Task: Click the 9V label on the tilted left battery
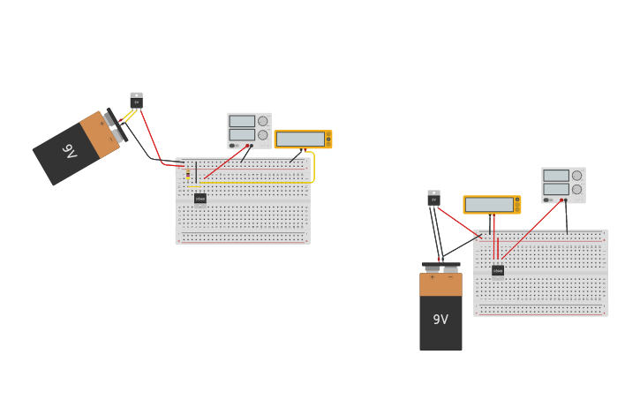tap(70, 151)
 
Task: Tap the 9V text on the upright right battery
tap(440, 320)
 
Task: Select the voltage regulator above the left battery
tap(136, 101)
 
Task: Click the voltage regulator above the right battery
tap(433, 199)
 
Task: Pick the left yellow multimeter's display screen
tap(300, 140)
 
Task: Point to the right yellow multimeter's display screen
tap(489, 205)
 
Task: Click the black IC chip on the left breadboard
tap(200, 199)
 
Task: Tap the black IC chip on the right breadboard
tap(498, 270)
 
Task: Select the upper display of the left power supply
tap(242, 122)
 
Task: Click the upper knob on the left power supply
tap(262, 121)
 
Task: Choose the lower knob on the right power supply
tap(576, 189)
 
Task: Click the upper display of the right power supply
tap(556, 176)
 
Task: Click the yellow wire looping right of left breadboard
tap(313, 168)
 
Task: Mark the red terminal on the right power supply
tap(561, 200)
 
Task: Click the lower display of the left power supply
tap(242, 135)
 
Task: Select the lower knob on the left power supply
tap(262, 135)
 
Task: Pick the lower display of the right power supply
tap(556, 189)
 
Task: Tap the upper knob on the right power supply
tap(576, 175)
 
